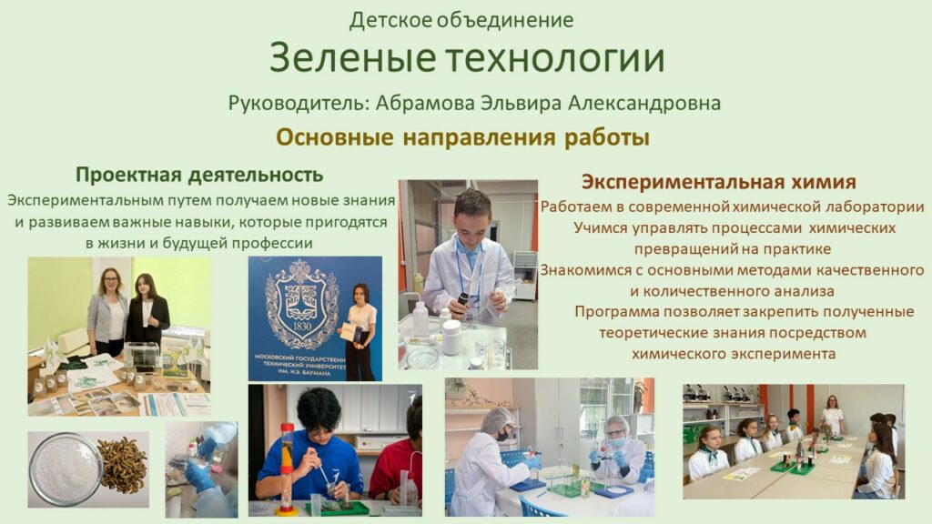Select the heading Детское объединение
click(x=461, y=21)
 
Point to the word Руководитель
click(x=299, y=104)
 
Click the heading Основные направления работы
click(x=462, y=137)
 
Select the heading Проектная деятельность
click(x=199, y=175)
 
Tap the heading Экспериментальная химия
click(x=719, y=182)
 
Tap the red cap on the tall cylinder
click(x=287, y=428)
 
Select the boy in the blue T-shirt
click(x=310, y=450)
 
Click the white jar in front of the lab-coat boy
click(x=451, y=337)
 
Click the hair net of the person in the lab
click(x=496, y=419)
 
